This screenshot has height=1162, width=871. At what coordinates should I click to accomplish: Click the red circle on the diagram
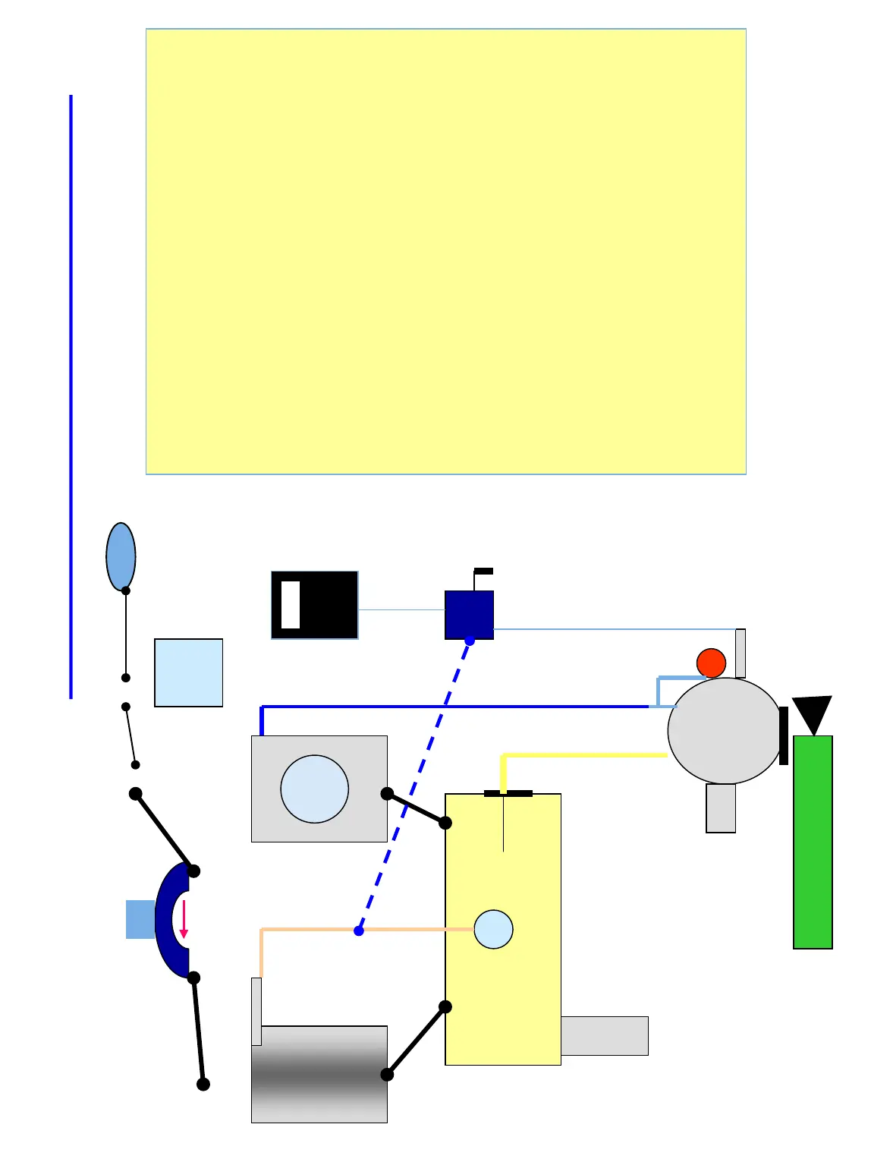click(x=711, y=663)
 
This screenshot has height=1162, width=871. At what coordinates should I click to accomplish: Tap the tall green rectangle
click(x=813, y=842)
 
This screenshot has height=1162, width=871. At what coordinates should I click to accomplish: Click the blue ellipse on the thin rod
click(x=121, y=556)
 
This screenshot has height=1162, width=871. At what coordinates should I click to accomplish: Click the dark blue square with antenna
click(x=469, y=614)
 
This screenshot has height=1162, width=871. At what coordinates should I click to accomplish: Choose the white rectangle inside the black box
click(x=291, y=605)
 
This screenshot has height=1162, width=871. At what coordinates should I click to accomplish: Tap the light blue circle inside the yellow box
click(x=493, y=929)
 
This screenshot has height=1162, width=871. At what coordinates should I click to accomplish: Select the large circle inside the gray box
click(x=314, y=789)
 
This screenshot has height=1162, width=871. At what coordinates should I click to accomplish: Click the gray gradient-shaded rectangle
click(x=319, y=1074)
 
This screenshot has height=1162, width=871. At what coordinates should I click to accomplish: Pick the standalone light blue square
click(x=188, y=672)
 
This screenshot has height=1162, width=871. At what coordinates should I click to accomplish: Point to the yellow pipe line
click(x=584, y=755)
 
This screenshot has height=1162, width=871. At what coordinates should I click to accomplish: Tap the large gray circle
click(x=724, y=731)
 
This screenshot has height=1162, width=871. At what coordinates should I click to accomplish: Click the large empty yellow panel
click(x=445, y=251)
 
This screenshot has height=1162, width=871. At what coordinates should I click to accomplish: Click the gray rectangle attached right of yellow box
click(x=604, y=1035)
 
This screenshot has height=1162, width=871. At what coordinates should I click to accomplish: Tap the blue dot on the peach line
click(x=359, y=931)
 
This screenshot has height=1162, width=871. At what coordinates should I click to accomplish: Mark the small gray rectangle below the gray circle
click(x=721, y=808)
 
